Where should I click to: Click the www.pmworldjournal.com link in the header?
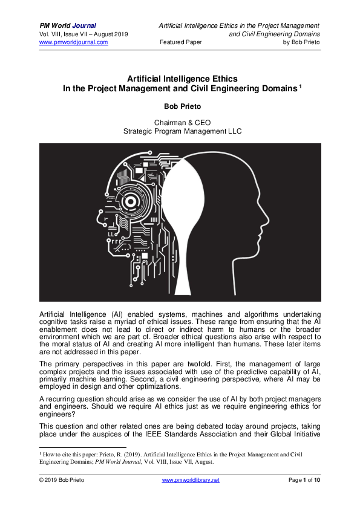click(x=74, y=42)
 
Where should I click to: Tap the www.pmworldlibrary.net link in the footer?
click(x=191, y=479)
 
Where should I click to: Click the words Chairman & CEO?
click(x=180, y=122)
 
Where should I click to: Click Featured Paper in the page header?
click(x=180, y=42)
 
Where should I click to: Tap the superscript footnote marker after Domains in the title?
click(x=300, y=86)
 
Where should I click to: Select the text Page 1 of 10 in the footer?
click(x=303, y=479)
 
